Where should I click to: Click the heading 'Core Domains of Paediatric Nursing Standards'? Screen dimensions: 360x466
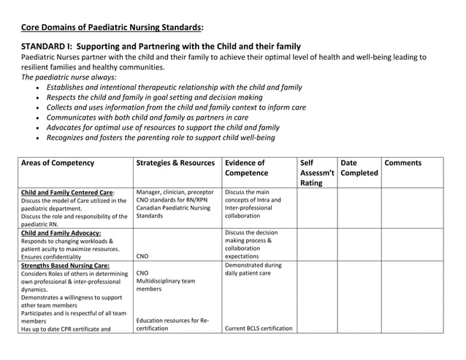pos(112,28)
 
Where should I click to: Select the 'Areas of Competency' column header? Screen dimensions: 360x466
pos(58,163)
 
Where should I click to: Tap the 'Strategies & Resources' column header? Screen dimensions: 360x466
pos(175,163)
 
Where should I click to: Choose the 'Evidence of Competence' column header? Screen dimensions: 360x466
pos(245,168)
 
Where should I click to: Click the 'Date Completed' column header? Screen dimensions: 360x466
pos(359,168)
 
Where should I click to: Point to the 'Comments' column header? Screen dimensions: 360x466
pos(402,163)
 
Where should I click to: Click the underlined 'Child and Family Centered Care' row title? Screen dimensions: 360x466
pos(66,193)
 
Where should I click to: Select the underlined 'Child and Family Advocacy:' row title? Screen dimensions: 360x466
pos(61,233)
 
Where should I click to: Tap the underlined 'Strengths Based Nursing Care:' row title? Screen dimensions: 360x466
pos(65,266)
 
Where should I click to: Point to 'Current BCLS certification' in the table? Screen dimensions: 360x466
pos(259,328)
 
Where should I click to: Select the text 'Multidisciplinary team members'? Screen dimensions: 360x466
pos(166,285)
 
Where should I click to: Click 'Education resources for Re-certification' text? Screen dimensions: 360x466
pos(172,324)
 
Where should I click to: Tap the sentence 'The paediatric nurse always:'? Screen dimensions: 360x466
pos(73,77)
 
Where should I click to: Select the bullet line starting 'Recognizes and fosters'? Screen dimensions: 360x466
pos(160,137)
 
